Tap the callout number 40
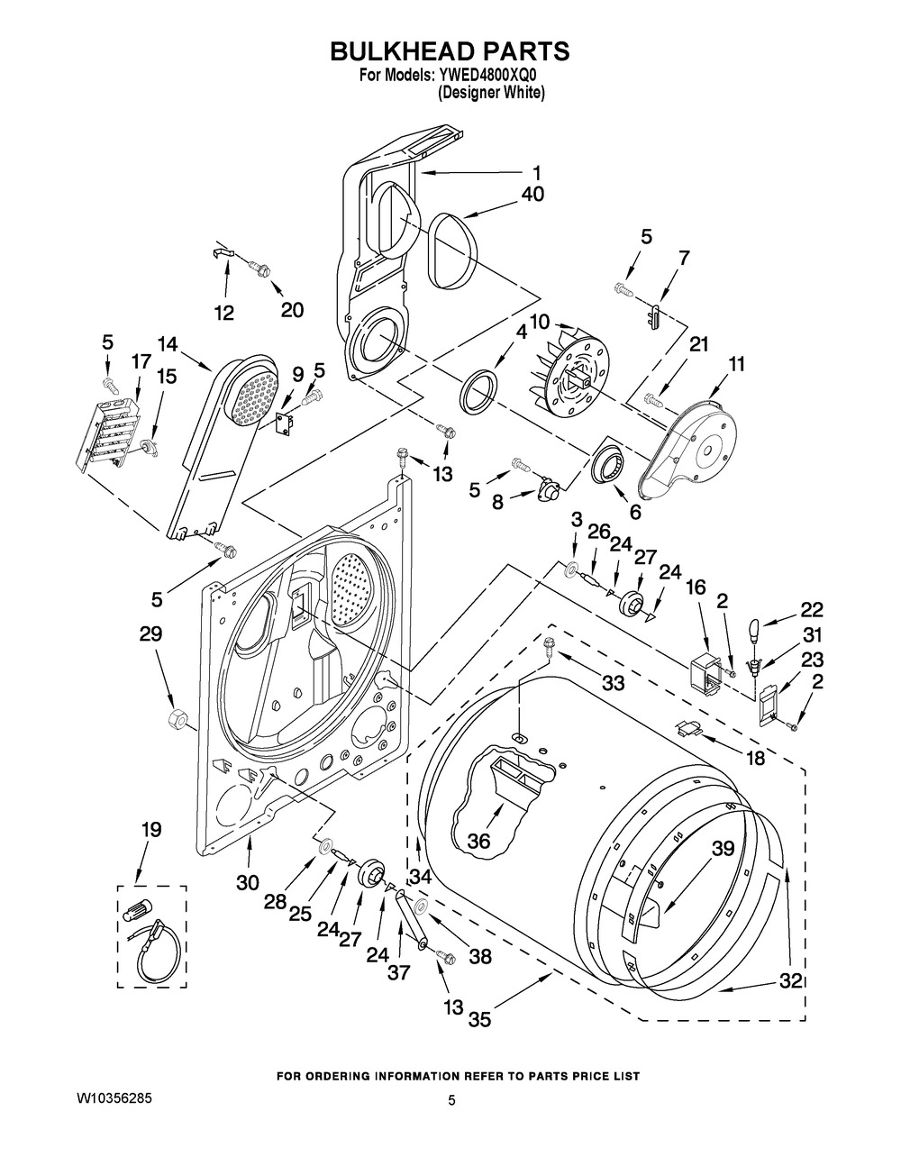point(532,194)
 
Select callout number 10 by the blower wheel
point(540,322)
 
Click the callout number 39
point(723,848)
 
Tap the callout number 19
point(150,830)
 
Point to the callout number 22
point(812,608)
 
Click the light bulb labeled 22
point(755,622)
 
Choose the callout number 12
point(223,313)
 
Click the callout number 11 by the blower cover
point(737,364)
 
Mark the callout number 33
point(613,683)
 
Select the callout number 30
point(249,883)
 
